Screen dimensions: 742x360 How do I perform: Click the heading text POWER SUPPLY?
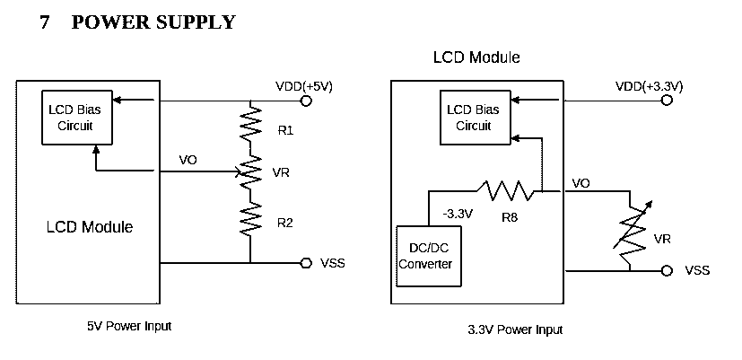(x=153, y=22)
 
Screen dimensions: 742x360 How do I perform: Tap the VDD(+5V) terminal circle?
(x=306, y=101)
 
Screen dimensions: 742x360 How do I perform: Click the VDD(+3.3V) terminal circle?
(x=667, y=101)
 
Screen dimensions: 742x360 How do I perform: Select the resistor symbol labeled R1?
(x=250, y=123)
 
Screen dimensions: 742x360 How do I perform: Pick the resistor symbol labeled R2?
(x=250, y=218)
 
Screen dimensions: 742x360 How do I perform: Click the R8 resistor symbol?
(x=506, y=191)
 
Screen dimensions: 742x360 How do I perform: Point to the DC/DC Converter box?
(x=428, y=256)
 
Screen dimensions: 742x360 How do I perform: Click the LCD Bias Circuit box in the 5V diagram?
(x=77, y=118)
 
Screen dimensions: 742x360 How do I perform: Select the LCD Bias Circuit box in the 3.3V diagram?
(x=476, y=118)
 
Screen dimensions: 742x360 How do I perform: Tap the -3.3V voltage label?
(x=458, y=214)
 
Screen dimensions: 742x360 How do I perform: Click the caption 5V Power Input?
(x=129, y=326)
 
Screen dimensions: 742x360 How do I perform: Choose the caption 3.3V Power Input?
(x=515, y=329)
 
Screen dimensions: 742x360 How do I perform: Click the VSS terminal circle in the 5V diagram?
(x=306, y=263)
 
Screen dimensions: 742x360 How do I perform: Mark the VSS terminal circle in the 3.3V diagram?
(x=667, y=270)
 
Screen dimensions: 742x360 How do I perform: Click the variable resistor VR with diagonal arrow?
(x=631, y=231)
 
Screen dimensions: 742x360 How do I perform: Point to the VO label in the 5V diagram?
(x=188, y=160)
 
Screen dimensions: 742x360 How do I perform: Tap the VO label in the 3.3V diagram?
(x=581, y=183)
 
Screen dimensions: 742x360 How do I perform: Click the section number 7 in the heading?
(x=45, y=22)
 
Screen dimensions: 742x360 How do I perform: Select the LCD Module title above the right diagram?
(x=476, y=57)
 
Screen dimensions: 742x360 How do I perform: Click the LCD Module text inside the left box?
(x=90, y=227)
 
